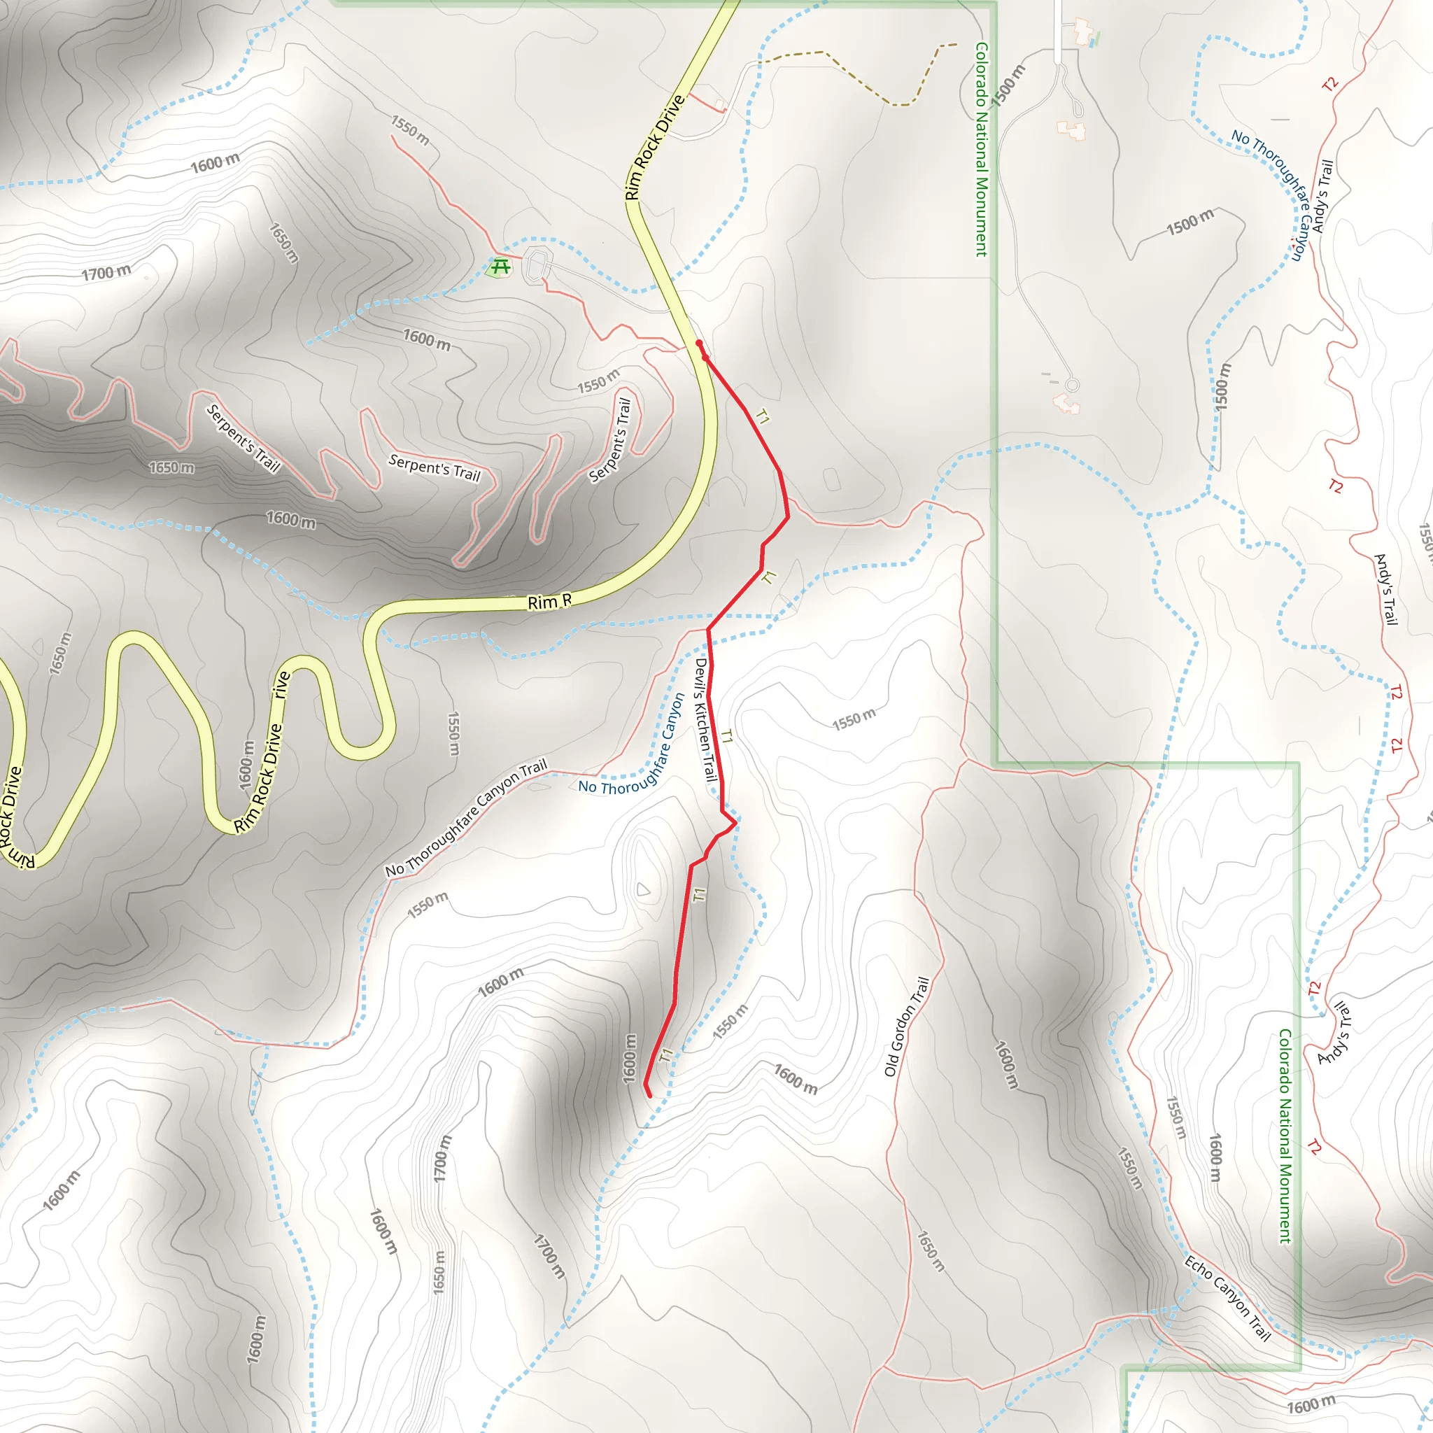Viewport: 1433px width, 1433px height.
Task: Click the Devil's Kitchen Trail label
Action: [x=705, y=719]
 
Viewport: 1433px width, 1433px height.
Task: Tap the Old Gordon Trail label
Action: [x=906, y=1026]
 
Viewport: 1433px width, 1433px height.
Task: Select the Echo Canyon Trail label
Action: [x=1227, y=1298]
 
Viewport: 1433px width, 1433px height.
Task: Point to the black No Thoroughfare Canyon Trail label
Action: [x=466, y=819]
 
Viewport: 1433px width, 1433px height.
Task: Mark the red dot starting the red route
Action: [x=699, y=344]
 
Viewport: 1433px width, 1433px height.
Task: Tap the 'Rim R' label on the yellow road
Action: [x=549, y=602]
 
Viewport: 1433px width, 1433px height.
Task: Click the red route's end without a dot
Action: [x=650, y=1096]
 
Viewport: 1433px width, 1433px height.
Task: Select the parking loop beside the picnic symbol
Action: [x=537, y=264]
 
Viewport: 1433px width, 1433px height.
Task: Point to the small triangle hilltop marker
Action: [x=643, y=889]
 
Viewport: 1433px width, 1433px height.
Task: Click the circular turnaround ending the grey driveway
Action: [x=1072, y=385]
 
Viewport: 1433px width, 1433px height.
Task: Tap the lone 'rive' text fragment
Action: [x=281, y=684]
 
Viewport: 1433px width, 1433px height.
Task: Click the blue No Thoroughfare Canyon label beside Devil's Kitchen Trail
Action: [x=631, y=745]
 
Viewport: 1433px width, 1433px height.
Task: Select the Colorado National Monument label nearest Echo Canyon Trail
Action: [x=1285, y=1136]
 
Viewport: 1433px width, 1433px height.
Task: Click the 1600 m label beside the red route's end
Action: [x=630, y=1059]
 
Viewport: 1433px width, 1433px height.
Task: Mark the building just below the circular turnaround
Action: [x=1066, y=404]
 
